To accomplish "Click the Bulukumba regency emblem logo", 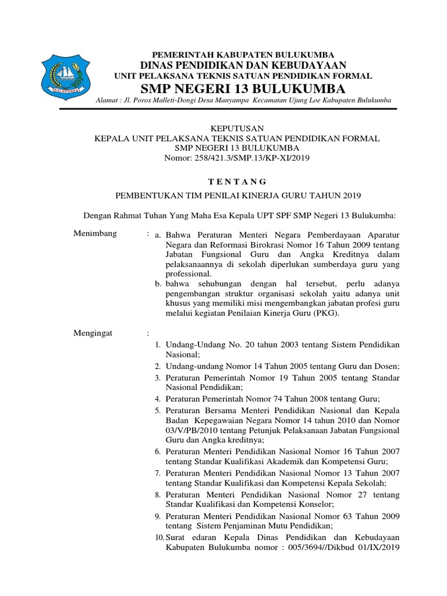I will [x=65, y=76].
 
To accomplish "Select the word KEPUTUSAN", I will [x=236, y=128].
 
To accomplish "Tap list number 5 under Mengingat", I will [x=157, y=410].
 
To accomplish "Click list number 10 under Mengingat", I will [x=159, y=538].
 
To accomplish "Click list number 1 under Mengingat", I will [x=157, y=345].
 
